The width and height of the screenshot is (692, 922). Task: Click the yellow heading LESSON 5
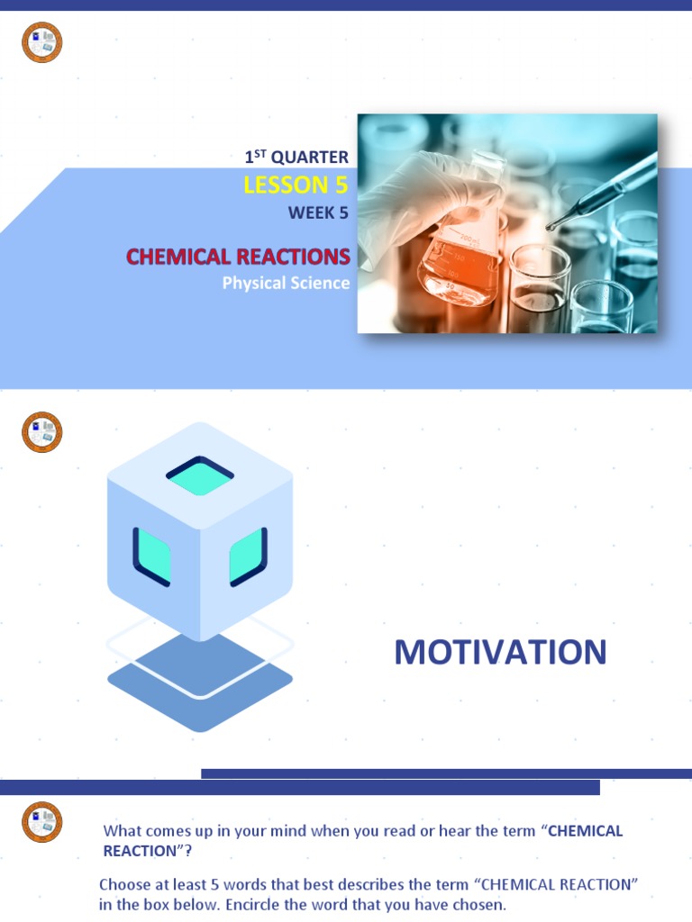pyautogui.click(x=296, y=185)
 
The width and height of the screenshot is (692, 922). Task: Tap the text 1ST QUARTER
pyautogui.click(x=296, y=157)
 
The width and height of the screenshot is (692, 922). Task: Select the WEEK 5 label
pyautogui.click(x=317, y=213)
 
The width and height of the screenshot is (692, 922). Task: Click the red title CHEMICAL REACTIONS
pyautogui.click(x=238, y=257)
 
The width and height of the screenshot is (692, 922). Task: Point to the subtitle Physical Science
pyautogui.click(x=286, y=284)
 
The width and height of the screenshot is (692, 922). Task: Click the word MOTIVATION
pyautogui.click(x=500, y=653)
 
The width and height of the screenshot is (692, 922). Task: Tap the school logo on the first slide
pyautogui.click(x=42, y=42)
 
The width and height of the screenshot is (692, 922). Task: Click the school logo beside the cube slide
pyautogui.click(x=42, y=432)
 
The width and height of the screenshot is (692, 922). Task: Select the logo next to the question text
pyautogui.click(x=42, y=822)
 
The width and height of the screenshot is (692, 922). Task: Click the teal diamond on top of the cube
pyautogui.click(x=200, y=475)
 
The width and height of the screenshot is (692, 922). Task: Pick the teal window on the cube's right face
pyautogui.click(x=248, y=556)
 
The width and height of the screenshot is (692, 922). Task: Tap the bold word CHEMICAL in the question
pyautogui.click(x=585, y=831)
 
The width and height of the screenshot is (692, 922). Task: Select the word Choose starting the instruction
pyautogui.click(x=124, y=885)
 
